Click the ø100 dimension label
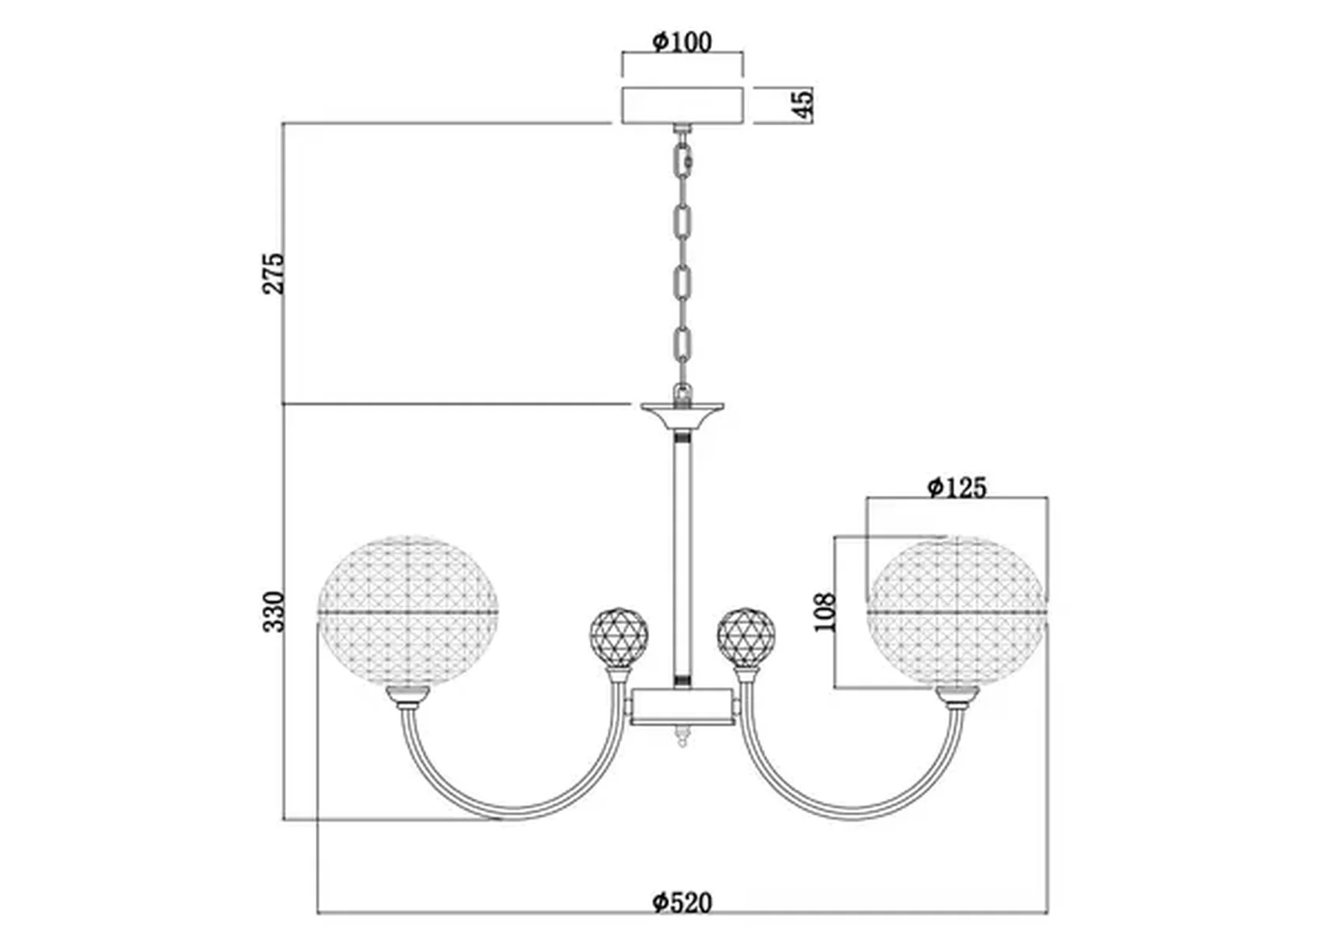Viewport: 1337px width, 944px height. [x=682, y=41]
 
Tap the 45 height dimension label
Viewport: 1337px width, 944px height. [x=803, y=103]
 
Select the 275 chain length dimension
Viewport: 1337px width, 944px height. [x=274, y=273]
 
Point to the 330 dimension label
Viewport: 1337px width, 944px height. [x=274, y=611]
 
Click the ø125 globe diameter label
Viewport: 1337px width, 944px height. [x=957, y=487]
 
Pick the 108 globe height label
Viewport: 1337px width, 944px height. [x=826, y=612]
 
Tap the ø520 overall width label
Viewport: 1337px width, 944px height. [x=682, y=902]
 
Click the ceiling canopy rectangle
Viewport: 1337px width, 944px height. [x=682, y=105]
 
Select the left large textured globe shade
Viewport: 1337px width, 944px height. [x=407, y=611]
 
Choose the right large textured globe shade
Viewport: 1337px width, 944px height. [x=957, y=611]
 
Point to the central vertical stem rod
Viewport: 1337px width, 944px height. [x=682, y=559]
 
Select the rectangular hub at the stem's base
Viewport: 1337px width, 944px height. [x=682, y=706]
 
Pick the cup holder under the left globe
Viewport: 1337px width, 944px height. [x=408, y=698]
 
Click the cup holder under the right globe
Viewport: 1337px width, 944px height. [x=957, y=698]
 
